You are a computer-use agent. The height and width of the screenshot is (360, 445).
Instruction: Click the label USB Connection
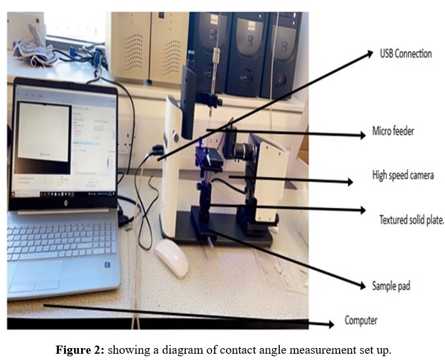[405, 54]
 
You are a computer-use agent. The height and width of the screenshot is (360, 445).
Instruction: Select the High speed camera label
[402, 176]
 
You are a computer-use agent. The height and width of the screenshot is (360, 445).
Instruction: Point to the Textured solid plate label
[411, 220]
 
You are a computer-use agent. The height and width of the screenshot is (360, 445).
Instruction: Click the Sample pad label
[391, 286]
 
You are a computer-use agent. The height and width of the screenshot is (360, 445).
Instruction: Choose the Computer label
[361, 320]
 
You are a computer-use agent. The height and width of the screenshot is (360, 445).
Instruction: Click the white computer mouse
[172, 258]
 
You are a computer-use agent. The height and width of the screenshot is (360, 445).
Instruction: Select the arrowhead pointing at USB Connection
[370, 55]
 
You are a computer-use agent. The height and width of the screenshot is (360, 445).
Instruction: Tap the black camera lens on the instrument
[241, 151]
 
